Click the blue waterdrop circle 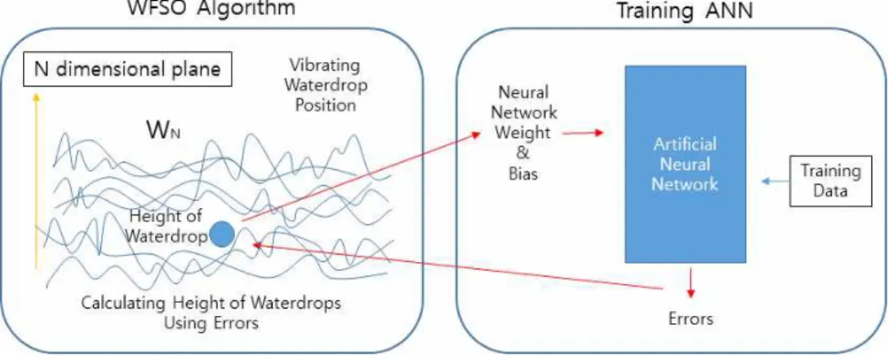tap(222, 234)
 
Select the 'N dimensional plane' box tap(127, 70)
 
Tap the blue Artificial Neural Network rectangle tap(685, 164)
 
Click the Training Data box tap(830, 180)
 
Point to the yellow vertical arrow tap(36, 180)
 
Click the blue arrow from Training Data tap(775, 181)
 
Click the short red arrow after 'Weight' tap(582, 133)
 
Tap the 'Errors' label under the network tap(691, 318)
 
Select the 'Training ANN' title tap(685, 11)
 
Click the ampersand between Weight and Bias tap(522, 153)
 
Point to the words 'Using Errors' tap(211, 323)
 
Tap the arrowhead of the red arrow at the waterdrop tap(255, 244)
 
